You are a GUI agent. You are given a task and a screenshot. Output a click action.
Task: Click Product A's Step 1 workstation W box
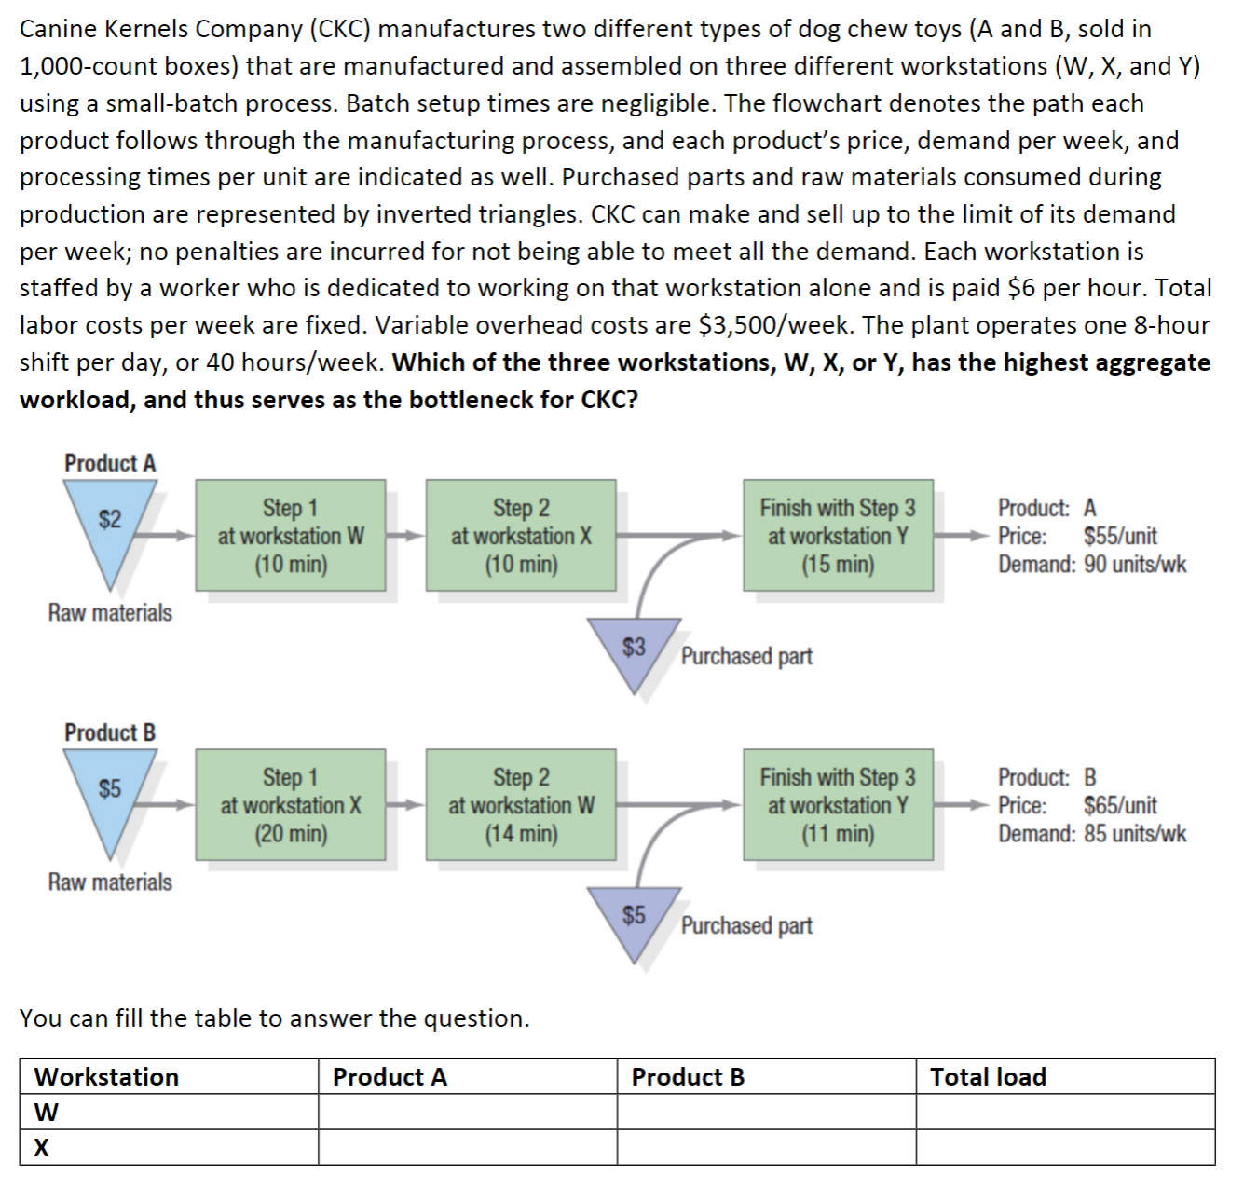pos(291,535)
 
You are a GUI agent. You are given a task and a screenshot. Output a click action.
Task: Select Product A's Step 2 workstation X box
pos(521,535)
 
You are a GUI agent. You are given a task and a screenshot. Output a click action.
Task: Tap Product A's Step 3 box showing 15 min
pos(838,535)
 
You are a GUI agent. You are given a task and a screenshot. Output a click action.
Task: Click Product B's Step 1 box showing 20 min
pos(291,804)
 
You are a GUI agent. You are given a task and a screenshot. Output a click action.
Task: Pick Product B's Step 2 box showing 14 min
pos(521,804)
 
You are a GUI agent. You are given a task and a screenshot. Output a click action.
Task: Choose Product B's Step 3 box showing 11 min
pos(838,804)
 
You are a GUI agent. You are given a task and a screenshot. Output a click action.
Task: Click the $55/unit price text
pos(1120,537)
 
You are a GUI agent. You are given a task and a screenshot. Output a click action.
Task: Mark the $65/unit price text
pos(1120,806)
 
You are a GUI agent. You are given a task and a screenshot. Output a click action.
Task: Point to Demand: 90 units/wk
pos(1092,565)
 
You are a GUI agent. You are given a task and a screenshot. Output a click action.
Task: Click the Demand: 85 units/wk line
pos(1092,834)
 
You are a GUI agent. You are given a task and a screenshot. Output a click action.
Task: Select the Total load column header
pos(989,1077)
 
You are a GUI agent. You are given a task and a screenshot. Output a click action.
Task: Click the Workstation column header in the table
pos(107,1077)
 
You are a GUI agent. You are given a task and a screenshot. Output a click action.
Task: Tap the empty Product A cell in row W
pos(467,1113)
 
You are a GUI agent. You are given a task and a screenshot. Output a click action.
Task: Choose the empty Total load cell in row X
pos(1064,1148)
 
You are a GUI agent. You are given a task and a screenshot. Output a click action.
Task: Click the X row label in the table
pos(42,1148)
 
